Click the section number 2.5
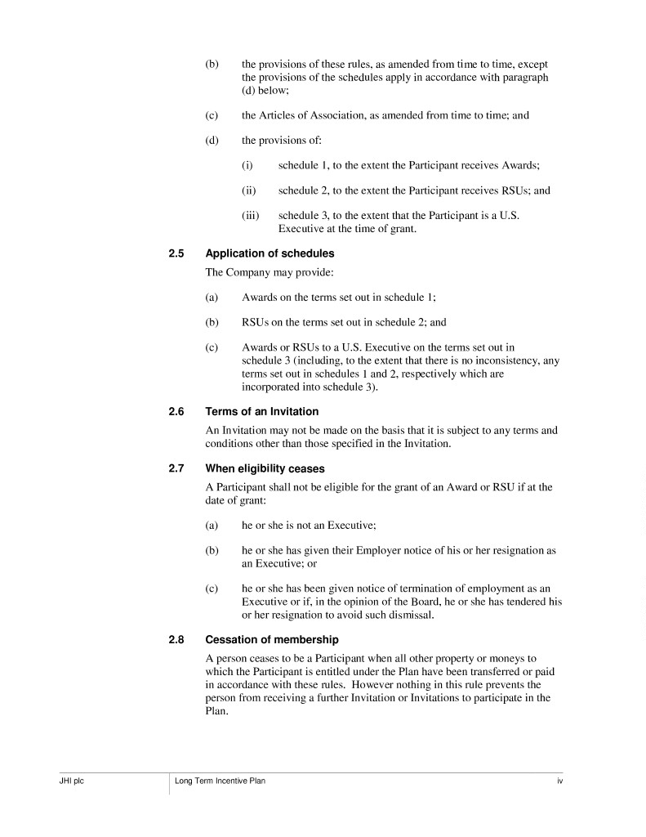(x=176, y=253)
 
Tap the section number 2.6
(x=176, y=411)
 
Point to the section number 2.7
(x=176, y=468)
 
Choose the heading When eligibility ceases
(x=265, y=468)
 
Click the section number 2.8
(x=176, y=639)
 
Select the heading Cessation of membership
(x=272, y=639)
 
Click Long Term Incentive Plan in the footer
(x=220, y=781)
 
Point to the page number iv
(x=560, y=781)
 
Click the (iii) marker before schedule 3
(x=251, y=216)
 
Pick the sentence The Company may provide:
(x=258, y=272)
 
